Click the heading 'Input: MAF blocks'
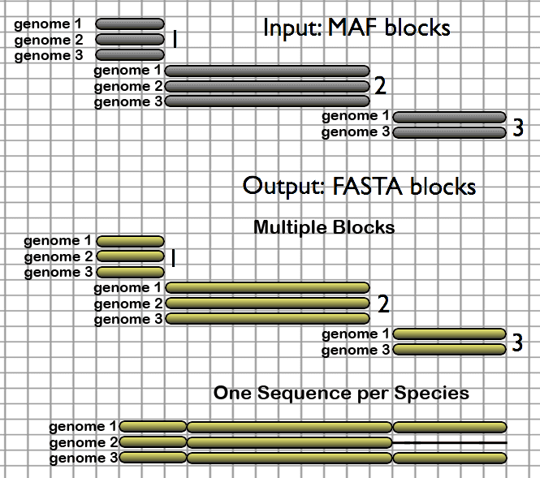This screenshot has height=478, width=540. coord(356,28)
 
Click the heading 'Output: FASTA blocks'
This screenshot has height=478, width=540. coord(359,186)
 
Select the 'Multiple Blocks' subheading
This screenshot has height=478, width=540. coord(323,227)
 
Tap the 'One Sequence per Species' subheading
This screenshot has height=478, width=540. coord(341,393)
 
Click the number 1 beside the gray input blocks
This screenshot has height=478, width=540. coord(174,40)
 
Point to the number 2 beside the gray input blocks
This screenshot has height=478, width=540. coord(379,86)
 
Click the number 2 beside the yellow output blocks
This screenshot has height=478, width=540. coord(383,304)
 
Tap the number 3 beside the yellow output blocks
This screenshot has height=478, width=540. coord(516,343)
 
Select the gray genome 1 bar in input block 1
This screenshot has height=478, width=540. coord(130,24)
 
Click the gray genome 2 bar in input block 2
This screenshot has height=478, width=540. coord(267,86)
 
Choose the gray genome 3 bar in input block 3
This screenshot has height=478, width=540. coord(450,132)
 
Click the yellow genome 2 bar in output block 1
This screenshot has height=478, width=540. coord(131,256)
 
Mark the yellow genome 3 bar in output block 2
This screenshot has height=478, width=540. coord(267,319)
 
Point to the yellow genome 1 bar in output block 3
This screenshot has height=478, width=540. coord(450,334)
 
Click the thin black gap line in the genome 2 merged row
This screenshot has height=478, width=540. coord(450,443)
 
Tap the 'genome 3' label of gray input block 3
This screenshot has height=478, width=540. coord(355,132)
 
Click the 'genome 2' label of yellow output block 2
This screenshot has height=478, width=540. coord(127,304)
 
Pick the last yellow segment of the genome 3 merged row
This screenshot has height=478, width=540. coord(450,459)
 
